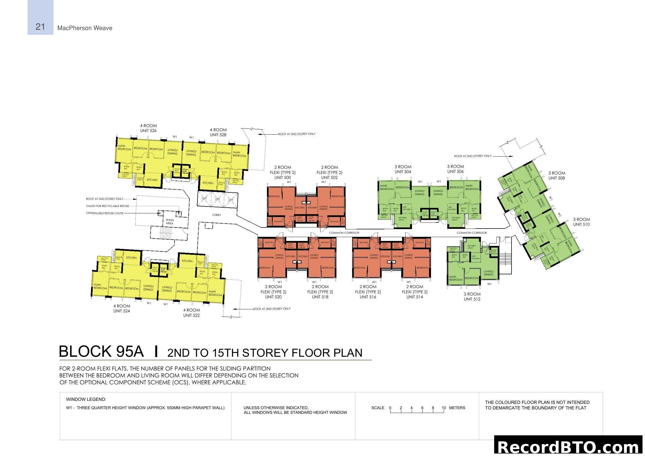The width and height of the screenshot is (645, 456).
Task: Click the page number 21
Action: tap(40, 27)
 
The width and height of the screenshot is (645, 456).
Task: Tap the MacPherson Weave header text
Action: tap(85, 28)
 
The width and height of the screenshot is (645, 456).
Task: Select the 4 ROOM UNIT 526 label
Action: tap(148, 128)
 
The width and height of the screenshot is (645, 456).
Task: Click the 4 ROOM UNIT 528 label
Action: tap(218, 132)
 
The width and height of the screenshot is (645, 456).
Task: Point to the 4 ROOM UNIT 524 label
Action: tap(122, 308)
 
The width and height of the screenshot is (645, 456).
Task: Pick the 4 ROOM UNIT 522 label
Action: tap(191, 313)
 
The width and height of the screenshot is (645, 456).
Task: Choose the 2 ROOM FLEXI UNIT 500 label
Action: tap(283, 172)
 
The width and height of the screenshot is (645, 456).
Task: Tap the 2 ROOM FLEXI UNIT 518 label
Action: tap(320, 292)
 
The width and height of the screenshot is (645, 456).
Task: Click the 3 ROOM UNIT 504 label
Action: tap(403, 169)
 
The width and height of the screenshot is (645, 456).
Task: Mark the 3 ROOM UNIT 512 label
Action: tap(472, 297)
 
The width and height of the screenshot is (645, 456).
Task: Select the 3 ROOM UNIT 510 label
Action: tap(581, 222)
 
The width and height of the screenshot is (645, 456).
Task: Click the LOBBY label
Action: tap(216, 215)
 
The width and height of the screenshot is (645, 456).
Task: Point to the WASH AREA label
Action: tap(170, 222)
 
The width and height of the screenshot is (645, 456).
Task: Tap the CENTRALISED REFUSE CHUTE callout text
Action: tap(105, 213)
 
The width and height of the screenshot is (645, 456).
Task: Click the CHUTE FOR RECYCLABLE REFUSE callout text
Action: tap(108, 206)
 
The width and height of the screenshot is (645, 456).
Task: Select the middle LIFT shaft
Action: tap(217, 199)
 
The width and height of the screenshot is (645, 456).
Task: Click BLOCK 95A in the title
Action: tap(101, 352)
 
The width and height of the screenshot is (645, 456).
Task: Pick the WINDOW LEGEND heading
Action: tap(86, 399)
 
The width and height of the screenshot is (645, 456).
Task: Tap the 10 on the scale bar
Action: tap(444, 408)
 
